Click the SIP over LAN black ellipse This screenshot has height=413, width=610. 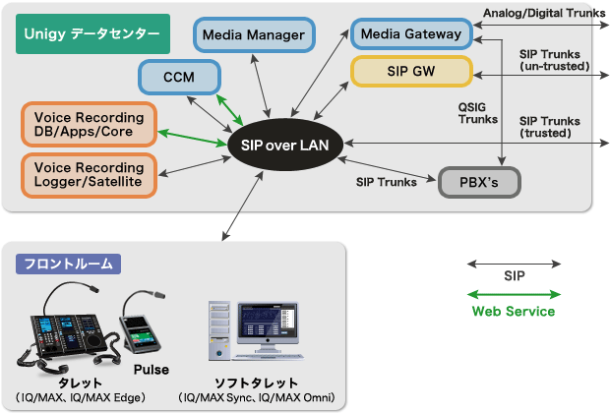(284, 145)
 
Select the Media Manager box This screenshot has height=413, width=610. (253, 35)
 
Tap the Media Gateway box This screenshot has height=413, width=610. (410, 34)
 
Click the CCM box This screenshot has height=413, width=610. (177, 76)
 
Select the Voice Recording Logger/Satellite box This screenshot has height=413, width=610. (89, 173)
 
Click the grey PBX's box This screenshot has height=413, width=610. (477, 182)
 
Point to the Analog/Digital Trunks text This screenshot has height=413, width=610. (543, 12)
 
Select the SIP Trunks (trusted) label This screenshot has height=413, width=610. (554, 126)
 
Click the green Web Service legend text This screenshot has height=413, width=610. (514, 312)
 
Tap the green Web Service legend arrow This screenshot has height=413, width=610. (515, 294)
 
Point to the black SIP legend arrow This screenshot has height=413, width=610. (515, 264)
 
